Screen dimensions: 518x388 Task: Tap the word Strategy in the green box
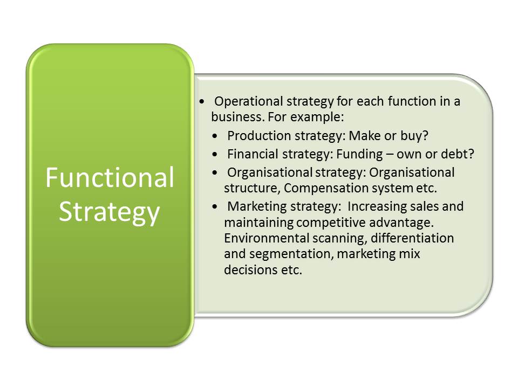[x=110, y=213]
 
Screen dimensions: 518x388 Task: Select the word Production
[x=259, y=136]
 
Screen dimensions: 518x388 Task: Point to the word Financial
[x=253, y=154]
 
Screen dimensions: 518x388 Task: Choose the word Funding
[x=359, y=154]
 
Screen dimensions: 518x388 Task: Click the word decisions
[x=251, y=270]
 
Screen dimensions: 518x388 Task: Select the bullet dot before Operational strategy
[x=202, y=102]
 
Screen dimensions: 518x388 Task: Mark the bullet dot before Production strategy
[x=215, y=136]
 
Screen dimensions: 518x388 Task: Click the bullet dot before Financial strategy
[x=215, y=154]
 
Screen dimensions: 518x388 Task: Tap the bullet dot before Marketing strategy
[x=215, y=207]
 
